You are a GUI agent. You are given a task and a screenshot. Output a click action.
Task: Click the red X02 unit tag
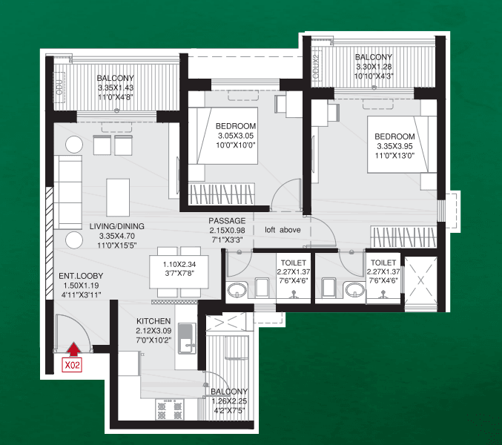click(x=72, y=365)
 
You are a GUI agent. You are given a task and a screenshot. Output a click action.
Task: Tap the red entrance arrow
click(x=74, y=349)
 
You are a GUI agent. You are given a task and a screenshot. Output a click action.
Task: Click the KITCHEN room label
click(x=153, y=321)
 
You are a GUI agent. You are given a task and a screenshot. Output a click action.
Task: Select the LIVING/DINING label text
click(x=117, y=226)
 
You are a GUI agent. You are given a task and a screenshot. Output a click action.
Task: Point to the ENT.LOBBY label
click(x=81, y=276)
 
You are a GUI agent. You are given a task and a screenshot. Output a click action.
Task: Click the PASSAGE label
click(x=227, y=221)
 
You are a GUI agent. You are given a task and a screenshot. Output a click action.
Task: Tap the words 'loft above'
click(x=283, y=230)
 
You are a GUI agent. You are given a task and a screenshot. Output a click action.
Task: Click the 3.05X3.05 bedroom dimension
click(x=236, y=136)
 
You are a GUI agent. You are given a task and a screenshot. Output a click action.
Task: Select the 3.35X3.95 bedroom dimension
click(x=394, y=146)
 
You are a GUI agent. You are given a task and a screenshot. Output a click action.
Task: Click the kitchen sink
click(x=187, y=338)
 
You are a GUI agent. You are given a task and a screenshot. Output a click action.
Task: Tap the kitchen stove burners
click(x=169, y=409)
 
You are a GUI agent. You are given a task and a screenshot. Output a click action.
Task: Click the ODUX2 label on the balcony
click(x=316, y=67)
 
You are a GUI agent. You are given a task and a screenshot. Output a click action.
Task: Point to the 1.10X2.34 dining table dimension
click(x=179, y=265)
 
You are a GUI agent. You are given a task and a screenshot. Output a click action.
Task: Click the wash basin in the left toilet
click(x=237, y=291)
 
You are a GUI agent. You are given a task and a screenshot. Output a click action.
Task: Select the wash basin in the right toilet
click(x=354, y=291)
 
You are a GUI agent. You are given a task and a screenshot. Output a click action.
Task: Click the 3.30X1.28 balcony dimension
click(x=374, y=67)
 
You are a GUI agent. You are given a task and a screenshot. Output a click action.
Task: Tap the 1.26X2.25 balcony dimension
click(x=229, y=401)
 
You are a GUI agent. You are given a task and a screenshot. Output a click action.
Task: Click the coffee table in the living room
click(x=118, y=197)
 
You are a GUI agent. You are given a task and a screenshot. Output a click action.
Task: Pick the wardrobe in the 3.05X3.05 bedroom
click(x=221, y=194)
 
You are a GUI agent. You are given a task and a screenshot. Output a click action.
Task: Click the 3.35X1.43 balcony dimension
click(x=116, y=88)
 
